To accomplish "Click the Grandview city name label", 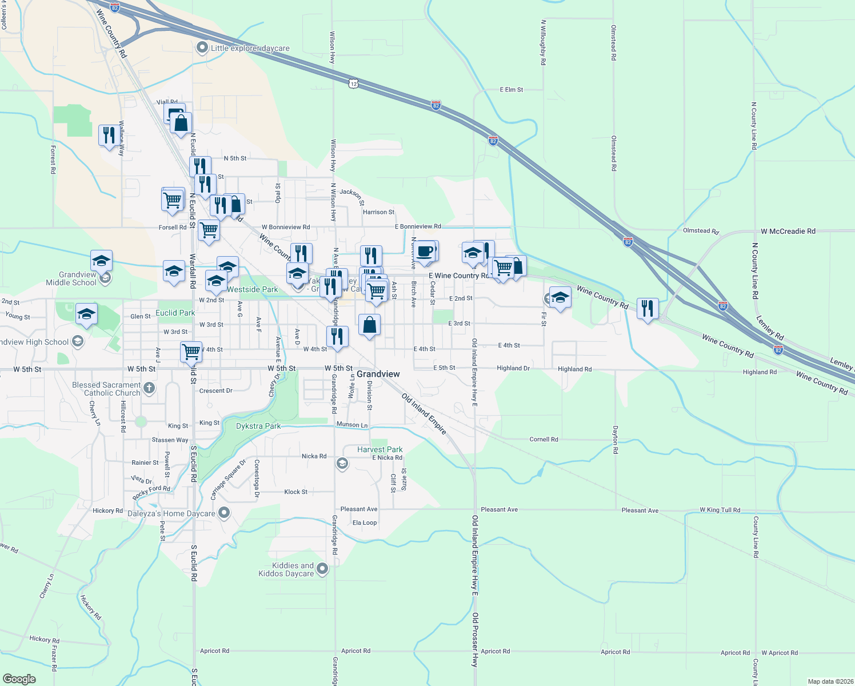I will (378, 374).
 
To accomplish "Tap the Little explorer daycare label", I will (250, 48).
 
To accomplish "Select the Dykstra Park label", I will (258, 426).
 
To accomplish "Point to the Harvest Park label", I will (379, 449).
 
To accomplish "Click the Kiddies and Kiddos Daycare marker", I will (322, 569).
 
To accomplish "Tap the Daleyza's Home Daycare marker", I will (224, 513).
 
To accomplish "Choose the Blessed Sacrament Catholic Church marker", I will (149, 389).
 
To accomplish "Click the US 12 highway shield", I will (354, 83).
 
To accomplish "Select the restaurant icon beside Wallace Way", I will (109, 135).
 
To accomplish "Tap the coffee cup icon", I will (425, 252).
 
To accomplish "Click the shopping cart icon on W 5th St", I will (191, 350).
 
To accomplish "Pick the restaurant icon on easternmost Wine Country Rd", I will (647, 309).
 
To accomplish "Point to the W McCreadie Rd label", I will (788, 232).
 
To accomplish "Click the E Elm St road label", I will (511, 90).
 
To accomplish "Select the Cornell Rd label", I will (544, 440).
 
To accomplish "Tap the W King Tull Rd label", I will (720, 510).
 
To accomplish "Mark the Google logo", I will (19, 679).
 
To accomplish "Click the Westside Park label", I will (252, 289).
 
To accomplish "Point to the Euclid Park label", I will (175, 313).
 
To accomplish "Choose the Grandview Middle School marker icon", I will (105, 278).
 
